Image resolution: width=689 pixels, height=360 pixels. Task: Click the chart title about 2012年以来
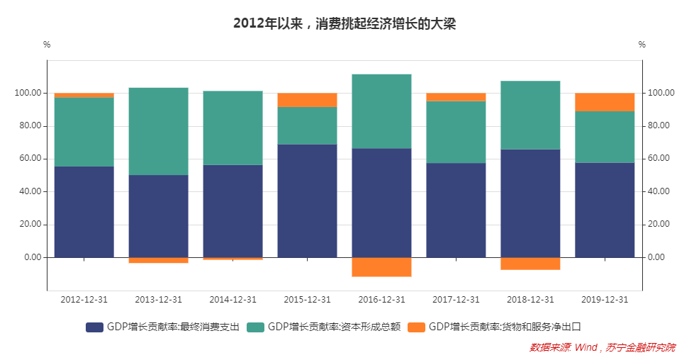coord(344,23)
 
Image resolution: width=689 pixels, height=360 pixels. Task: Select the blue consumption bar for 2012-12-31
coord(84,212)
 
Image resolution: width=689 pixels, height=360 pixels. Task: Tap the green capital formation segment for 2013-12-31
coord(158,131)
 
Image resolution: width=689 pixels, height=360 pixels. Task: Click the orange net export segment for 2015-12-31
coord(307,100)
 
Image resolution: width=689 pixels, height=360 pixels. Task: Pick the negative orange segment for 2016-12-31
coord(381,266)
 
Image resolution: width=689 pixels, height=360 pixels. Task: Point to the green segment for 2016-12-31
coord(381,111)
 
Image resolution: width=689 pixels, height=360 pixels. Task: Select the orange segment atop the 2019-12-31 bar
coord(605,102)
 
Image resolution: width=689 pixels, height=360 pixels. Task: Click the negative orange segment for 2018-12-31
coord(530,263)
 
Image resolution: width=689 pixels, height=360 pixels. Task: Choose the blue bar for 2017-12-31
coord(456,210)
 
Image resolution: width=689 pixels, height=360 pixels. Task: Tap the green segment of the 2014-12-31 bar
coord(233,128)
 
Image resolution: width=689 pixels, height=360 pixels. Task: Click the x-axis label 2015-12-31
coord(307,300)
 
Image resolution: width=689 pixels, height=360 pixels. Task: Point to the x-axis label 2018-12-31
coord(530,300)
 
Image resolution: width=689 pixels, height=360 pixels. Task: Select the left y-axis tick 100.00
coord(28,93)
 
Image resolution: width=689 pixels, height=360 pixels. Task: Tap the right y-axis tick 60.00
coord(659,159)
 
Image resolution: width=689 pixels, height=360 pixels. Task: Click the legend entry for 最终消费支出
coord(162,327)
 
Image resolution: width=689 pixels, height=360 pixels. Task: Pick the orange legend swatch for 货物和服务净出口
coord(417,327)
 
